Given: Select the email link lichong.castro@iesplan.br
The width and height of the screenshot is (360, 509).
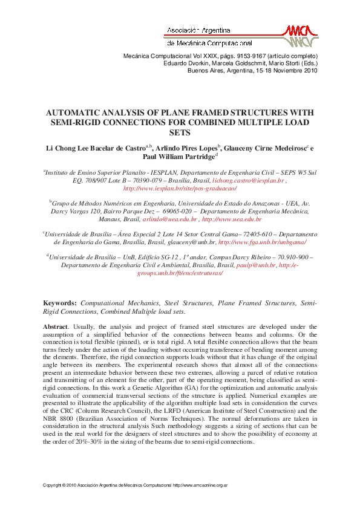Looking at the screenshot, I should (x=255, y=181).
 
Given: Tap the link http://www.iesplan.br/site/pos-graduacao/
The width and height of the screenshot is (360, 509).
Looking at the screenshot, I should (x=180, y=189).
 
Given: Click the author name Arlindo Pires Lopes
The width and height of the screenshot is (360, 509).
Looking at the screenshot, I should (x=186, y=147).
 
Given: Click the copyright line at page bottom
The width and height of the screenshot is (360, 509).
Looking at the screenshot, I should (x=135, y=485).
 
